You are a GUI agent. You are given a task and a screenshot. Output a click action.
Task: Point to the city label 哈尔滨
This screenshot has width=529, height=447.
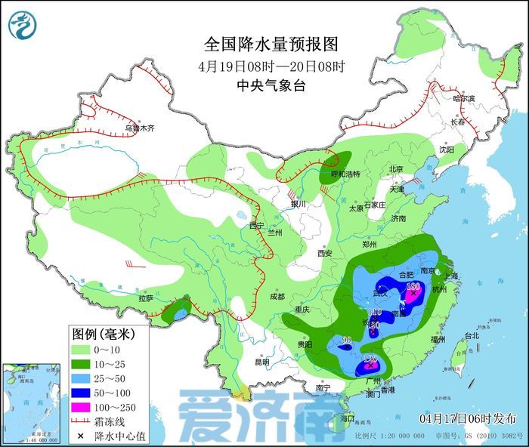pyautogui.click(x=463, y=99)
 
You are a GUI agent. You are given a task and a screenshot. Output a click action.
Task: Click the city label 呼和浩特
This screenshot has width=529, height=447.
pyautogui.click(x=346, y=174)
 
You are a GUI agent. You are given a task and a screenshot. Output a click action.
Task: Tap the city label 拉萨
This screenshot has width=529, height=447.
pyautogui.click(x=146, y=298)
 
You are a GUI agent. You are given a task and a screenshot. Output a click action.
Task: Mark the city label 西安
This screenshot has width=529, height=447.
pyautogui.click(x=325, y=253)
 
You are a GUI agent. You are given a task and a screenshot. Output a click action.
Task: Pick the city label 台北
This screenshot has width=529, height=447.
pyautogui.click(x=471, y=334)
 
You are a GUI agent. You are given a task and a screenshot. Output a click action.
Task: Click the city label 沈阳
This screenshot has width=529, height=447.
pyautogui.click(x=447, y=150)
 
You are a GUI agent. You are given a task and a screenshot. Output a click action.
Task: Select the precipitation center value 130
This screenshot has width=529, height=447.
pyautogui.click(x=413, y=286)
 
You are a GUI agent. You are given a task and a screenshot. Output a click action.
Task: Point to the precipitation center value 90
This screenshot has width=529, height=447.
pyautogui.click(x=347, y=341)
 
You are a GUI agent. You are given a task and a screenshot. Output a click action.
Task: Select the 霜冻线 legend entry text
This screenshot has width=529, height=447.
pyautogui.click(x=110, y=421)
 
